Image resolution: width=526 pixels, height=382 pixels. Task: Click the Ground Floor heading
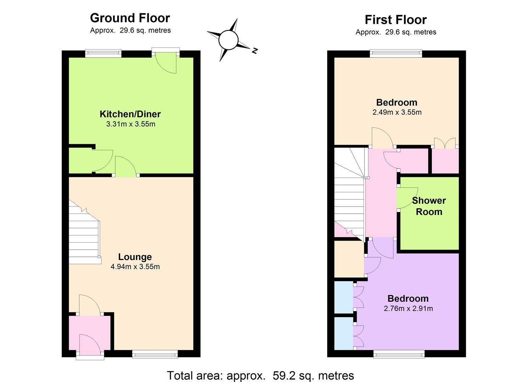(130, 18)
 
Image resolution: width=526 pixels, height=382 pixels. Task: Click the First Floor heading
(396, 20)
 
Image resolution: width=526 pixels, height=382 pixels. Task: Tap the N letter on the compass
(255, 51)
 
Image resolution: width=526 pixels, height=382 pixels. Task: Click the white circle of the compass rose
(228, 40)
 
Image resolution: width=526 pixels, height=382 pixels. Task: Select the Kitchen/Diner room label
(130, 114)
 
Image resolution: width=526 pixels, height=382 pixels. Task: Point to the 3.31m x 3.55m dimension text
(131, 124)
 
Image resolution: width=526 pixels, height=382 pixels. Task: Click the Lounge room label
(135, 257)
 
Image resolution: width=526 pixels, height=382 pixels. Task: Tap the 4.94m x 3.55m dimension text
(135, 267)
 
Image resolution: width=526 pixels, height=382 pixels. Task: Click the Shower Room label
(429, 206)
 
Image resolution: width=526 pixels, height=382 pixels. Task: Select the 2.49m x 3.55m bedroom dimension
(397, 112)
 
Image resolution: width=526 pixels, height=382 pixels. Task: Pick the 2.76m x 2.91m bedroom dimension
(408, 308)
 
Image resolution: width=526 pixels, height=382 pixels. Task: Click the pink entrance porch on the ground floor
(90, 333)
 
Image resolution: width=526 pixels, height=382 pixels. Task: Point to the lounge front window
(155, 354)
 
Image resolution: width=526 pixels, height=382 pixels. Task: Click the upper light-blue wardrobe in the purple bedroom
(344, 297)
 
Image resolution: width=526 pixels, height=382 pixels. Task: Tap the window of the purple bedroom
(399, 354)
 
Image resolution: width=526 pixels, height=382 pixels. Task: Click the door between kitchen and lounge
(126, 166)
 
